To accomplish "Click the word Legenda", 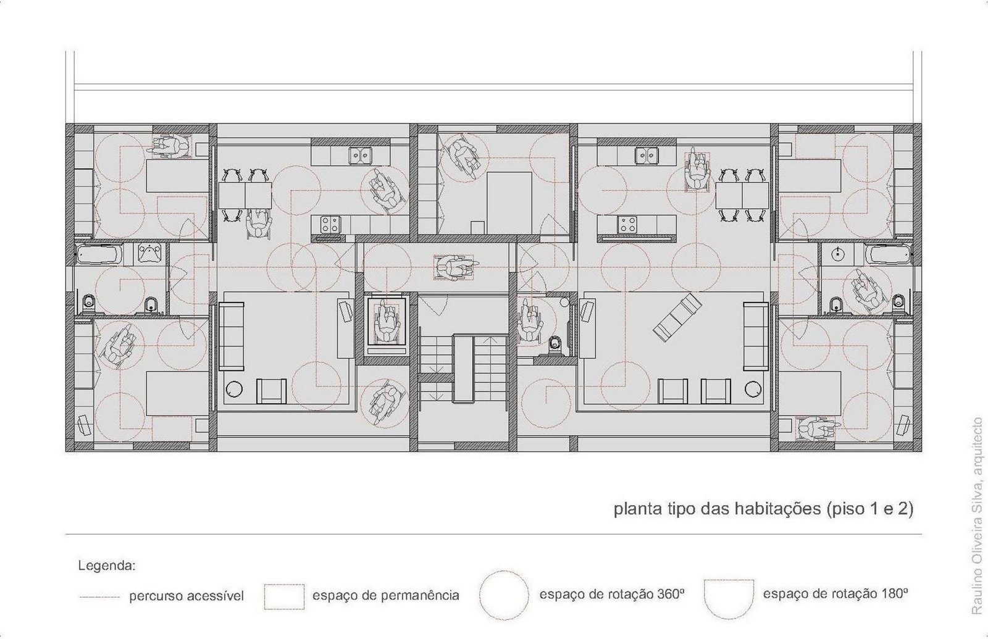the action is click(x=106, y=566).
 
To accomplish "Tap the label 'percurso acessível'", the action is click(x=186, y=596).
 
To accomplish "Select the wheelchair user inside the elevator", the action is click(x=387, y=320).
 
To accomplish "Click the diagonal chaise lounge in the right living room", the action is click(x=677, y=317).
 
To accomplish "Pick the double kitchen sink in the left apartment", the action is click(x=360, y=155).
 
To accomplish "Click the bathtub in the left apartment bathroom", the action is click(x=99, y=254).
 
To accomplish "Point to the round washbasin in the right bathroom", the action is click(x=837, y=254).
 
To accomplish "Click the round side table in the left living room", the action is click(x=234, y=388).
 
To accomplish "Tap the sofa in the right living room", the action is click(x=756, y=336).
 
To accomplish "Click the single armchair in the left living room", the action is click(x=271, y=391).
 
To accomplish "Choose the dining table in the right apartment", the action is click(x=742, y=196).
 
